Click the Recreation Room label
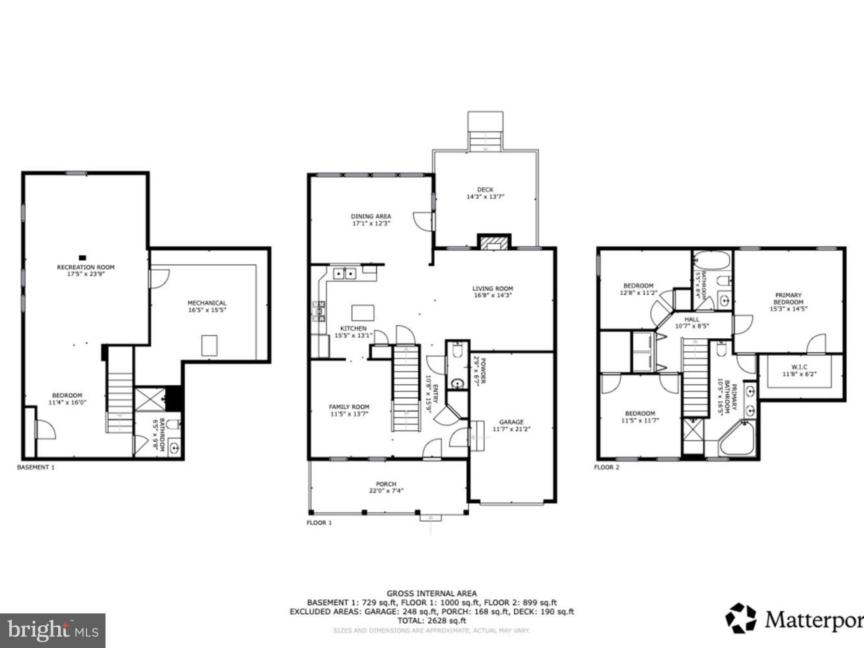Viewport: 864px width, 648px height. point(86,267)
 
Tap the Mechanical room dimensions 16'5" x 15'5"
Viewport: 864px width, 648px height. point(207,310)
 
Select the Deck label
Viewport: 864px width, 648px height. point(485,189)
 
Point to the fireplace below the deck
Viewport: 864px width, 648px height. point(494,243)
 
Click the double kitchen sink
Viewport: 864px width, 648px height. point(344,274)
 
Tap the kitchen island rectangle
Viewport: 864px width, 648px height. point(363,313)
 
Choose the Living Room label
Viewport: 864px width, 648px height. point(492,289)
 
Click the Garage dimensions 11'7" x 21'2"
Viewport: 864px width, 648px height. point(511,429)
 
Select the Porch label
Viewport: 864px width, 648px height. point(386,484)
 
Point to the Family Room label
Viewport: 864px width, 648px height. point(349,407)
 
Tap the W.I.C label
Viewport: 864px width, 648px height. point(799,367)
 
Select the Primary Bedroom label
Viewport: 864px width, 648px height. point(788,299)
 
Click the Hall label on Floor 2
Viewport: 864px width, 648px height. point(692,319)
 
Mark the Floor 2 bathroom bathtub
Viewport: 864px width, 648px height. point(712,260)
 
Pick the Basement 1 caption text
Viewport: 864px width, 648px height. point(36,467)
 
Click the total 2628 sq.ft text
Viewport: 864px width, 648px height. point(432,621)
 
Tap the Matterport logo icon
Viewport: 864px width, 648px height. point(740,618)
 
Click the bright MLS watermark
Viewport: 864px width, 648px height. point(52,630)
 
